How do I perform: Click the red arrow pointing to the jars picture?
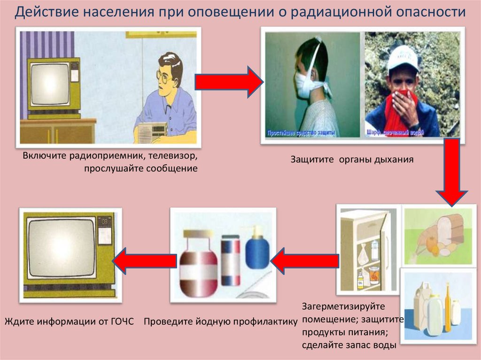tap(305, 260)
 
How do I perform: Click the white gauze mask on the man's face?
tap(303, 85)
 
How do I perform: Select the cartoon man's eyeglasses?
tap(165, 76)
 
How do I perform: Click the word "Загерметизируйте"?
tap(344, 306)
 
